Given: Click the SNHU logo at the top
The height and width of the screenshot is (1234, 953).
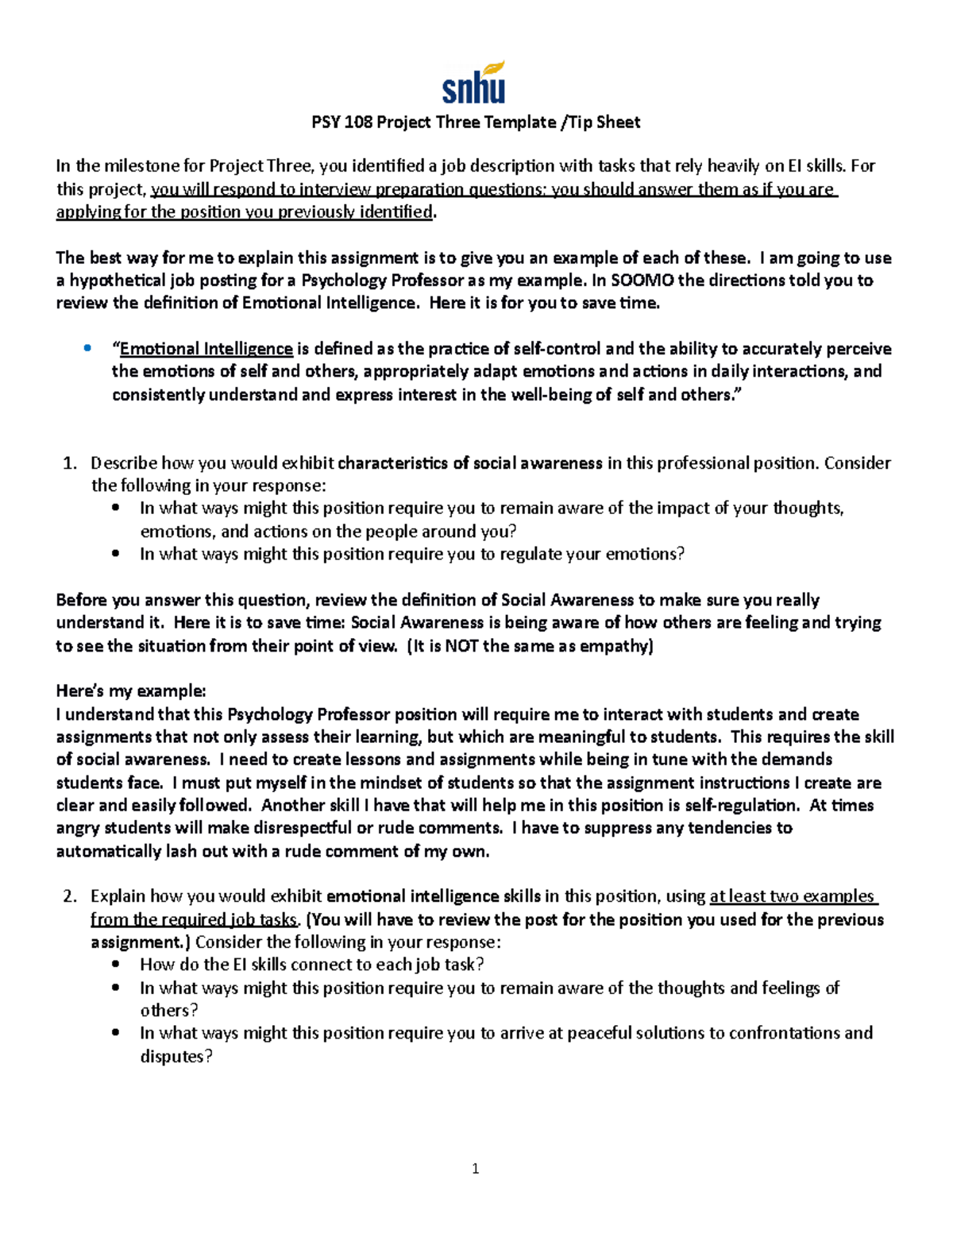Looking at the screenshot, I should [474, 83].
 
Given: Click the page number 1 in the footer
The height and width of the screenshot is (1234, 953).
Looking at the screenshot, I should [475, 1168].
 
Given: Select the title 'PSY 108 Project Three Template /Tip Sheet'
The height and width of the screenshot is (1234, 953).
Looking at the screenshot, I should [475, 122].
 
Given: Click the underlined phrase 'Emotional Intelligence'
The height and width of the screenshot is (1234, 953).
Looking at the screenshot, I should [206, 349].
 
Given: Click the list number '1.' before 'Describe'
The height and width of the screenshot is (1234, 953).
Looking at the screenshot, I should [69, 463].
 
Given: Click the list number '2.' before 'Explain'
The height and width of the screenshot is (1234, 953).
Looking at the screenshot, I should [69, 896].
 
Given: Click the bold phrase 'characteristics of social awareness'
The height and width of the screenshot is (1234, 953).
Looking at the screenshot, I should [469, 463].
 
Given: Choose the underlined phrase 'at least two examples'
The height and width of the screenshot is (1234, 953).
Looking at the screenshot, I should [792, 896].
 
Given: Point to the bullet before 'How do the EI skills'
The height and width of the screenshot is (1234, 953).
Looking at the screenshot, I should [117, 965].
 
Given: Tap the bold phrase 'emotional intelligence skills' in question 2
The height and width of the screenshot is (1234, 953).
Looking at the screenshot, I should [434, 896].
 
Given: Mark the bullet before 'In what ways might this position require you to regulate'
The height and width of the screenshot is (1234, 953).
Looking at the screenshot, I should [117, 554].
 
